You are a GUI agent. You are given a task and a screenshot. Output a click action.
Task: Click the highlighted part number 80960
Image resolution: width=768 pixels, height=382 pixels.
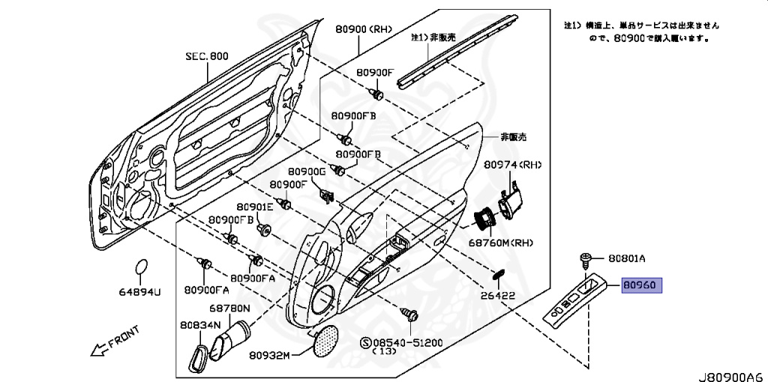tap(641, 285)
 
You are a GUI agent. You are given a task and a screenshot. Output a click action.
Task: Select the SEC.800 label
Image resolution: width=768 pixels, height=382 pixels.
tap(207, 56)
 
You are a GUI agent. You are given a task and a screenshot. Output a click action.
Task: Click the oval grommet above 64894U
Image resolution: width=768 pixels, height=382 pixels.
tap(140, 268)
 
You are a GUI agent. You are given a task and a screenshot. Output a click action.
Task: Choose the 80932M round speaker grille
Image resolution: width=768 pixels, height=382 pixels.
tap(324, 342)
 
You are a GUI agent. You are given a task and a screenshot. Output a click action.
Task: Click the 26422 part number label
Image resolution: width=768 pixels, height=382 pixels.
tap(498, 296)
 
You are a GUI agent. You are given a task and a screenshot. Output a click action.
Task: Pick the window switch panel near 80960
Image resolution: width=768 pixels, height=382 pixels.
tap(577, 299)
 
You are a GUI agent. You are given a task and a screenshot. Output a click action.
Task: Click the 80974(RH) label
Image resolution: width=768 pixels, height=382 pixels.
tap(512, 165)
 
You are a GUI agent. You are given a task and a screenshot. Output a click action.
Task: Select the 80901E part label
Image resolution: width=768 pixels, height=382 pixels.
tap(254, 207)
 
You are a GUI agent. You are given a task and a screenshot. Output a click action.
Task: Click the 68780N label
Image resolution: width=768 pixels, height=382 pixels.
tap(230, 308)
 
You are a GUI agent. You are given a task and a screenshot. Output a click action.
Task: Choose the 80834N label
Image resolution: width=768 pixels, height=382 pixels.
tap(200, 325)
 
